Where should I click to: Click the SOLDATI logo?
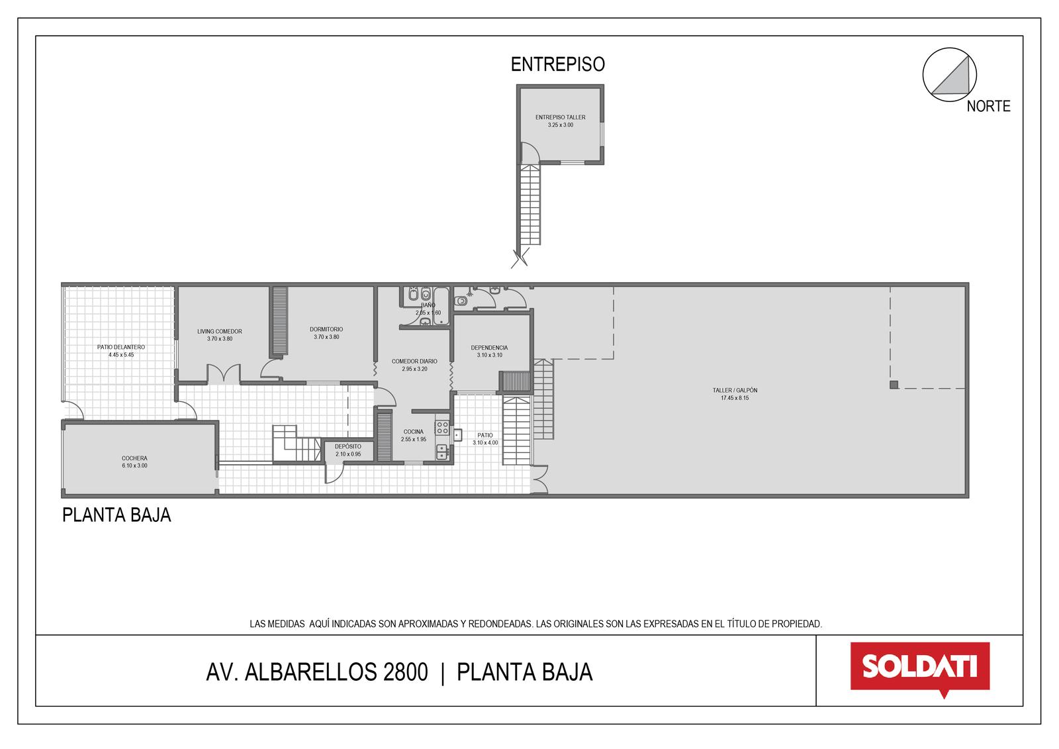tap(920, 669)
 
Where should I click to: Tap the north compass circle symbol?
tap(949, 75)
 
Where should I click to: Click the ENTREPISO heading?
tap(558, 64)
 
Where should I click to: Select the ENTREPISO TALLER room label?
tap(560, 117)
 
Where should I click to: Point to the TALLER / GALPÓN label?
tap(735, 390)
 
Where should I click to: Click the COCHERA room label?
tap(135, 458)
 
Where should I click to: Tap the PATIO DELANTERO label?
tap(121, 347)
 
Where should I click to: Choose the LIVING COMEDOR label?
tap(219, 331)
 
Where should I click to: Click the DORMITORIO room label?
tap(326, 329)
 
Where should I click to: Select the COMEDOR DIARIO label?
tap(414, 361)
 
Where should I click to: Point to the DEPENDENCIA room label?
tap(489, 347)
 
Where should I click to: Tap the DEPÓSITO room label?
tap(348, 446)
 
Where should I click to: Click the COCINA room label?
tap(413, 432)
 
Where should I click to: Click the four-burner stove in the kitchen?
tap(443, 428)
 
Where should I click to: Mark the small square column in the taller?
tap(894, 385)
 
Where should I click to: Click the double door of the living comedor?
tap(224, 373)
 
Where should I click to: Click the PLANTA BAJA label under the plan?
tap(116, 515)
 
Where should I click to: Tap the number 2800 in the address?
tap(405, 672)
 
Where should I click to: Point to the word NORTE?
tap(989, 106)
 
